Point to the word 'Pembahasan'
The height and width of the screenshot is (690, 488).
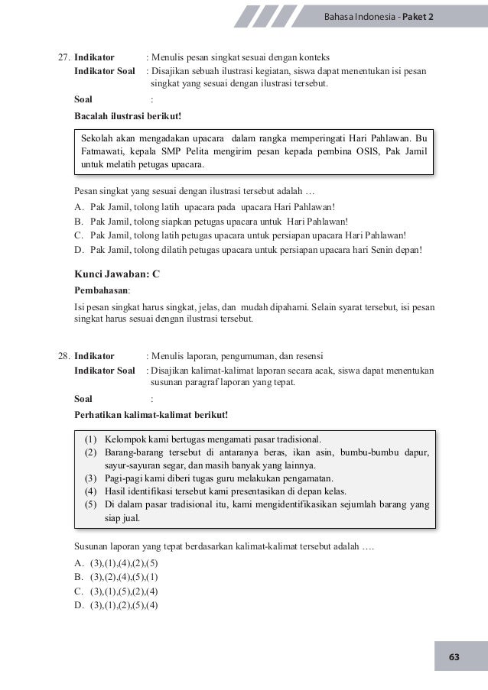coord(101,291)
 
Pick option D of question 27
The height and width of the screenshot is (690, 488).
coord(255,250)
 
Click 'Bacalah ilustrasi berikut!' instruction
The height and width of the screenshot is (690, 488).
coord(127,115)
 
